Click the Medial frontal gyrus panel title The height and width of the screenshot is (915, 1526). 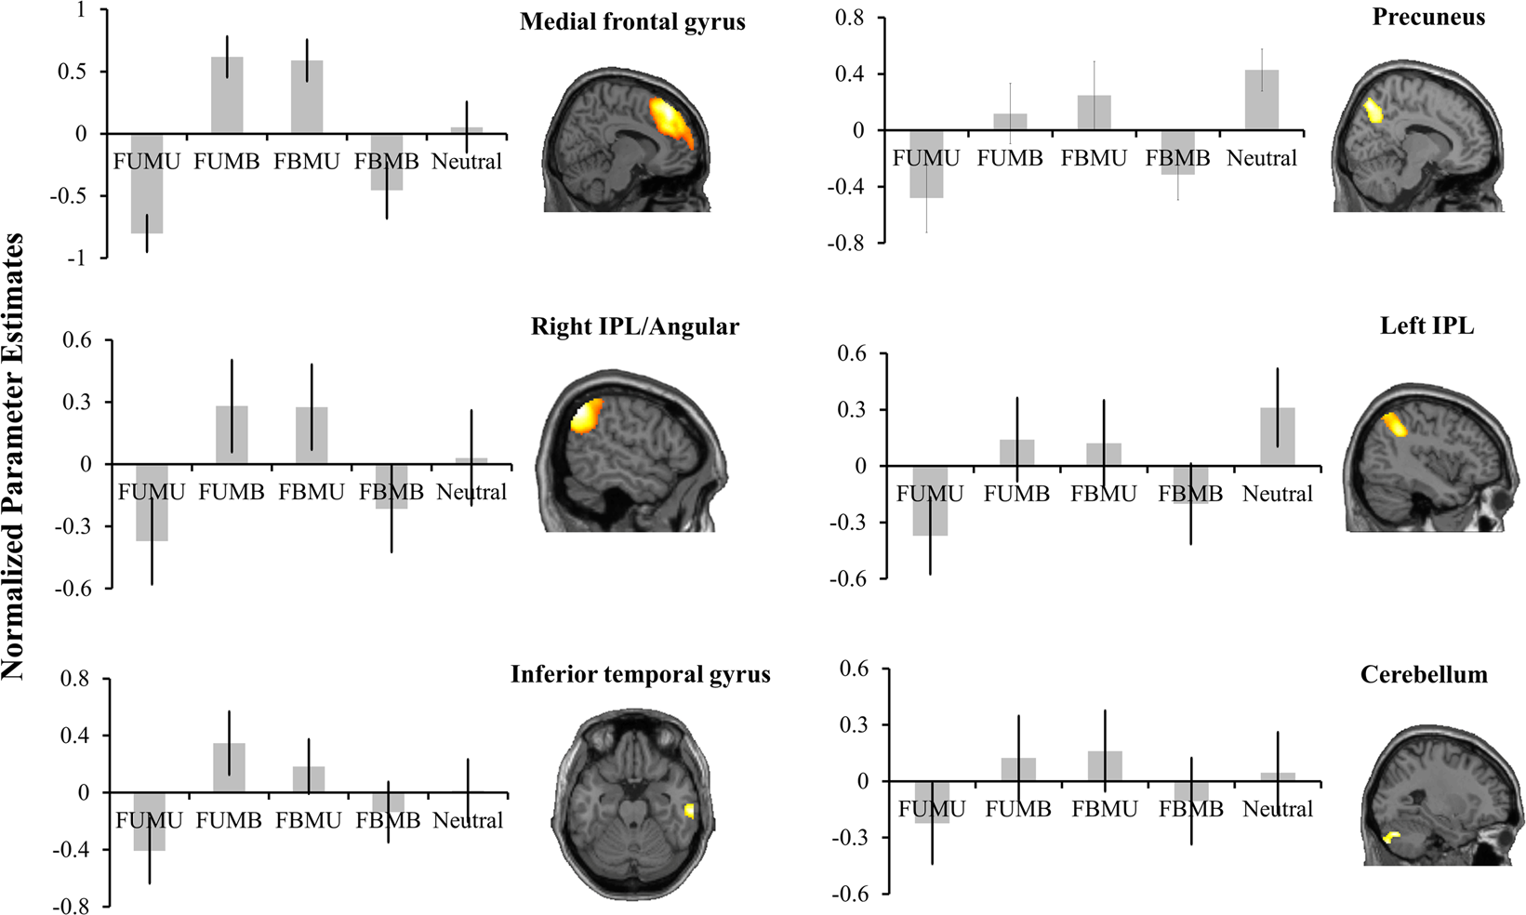(x=632, y=21)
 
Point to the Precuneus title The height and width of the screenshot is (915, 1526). (x=1428, y=17)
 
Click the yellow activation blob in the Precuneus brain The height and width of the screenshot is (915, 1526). (x=1373, y=111)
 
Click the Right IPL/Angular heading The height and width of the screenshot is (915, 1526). (x=635, y=326)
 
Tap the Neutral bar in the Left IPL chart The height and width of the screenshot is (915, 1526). (x=1278, y=437)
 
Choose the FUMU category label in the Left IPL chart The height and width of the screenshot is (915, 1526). (x=929, y=494)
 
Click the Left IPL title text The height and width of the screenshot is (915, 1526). (x=1426, y=325)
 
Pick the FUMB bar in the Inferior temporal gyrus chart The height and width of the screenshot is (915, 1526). (x=229, y=767)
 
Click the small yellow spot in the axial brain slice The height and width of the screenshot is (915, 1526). (x=689, y=811)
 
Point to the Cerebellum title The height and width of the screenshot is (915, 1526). (x=1423, y=674)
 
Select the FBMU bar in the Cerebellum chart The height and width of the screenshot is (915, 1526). (x=1105, y=766)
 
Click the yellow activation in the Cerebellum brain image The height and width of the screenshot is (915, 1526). (x=1391, y=837)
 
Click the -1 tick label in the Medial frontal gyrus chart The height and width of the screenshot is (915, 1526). (x=77, y=259)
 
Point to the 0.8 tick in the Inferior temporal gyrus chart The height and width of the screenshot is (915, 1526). (x=74, y=679)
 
